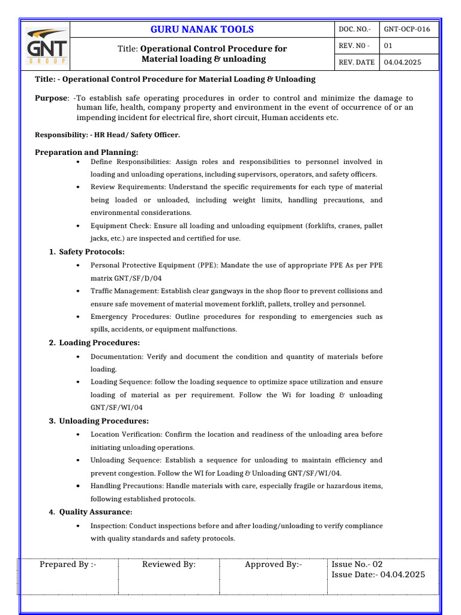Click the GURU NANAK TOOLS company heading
pos(202,29)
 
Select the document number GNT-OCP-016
pos(407,29)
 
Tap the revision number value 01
pos(388,46)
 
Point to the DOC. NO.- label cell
pos(355,29)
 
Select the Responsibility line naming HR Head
pos(107,135)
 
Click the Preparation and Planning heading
pos(86,153)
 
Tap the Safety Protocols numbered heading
pos(91,252)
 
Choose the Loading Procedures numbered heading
pos(99,343)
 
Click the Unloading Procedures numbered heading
pos(104,421)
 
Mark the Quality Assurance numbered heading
pos(95,512)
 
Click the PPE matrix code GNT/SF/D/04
pos(126,278)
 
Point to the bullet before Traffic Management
pos(79,291)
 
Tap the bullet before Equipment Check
pos(79,226)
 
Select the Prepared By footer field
pos(68,565)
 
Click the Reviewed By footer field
pos(169,565)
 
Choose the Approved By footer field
pos(273,565)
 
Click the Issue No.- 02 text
pos(357,565)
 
